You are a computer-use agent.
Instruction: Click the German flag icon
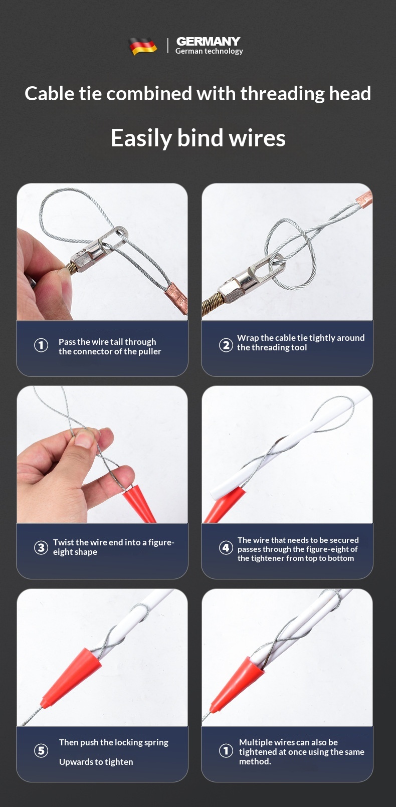pyautogui.click(x=143, y=46)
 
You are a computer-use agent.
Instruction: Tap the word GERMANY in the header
pyautogui.click(x=208, y=41)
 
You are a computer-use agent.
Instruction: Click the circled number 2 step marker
pyautogui.click(x=226, y=345)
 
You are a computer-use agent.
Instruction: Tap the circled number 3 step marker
pyautogui.click(x=41, y=547)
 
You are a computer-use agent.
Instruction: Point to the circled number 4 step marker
pyautogui.click(x=226, y=548)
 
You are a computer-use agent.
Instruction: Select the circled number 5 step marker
pyautogui.click(x=41, y=751)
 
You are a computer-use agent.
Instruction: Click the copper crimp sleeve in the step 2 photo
pyautogui.click(x=364, y=199)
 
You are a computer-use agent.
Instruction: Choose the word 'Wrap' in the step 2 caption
pyautogui.click(x=248, y=338)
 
